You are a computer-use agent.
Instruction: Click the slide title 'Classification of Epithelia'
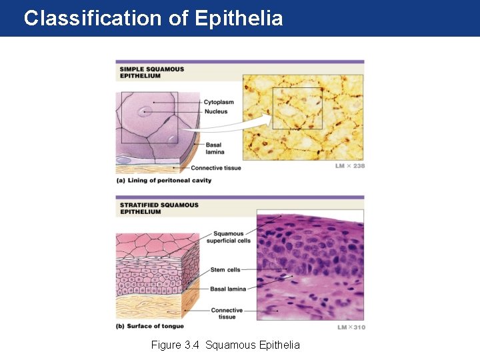[x=153, y=18]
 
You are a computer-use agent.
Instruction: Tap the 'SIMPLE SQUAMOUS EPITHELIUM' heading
[x=151, y=72]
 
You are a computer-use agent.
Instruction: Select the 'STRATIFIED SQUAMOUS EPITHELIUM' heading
[x=158, y=208]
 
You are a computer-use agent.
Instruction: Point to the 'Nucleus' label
[x=215, y=111]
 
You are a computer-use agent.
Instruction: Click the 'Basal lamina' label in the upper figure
[x=214, y=148]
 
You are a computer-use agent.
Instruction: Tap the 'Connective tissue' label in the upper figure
[x=215, y=167]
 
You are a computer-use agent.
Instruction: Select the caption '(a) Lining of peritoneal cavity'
[x=164, y=180]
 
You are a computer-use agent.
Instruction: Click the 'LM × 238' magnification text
[x=349, y=166]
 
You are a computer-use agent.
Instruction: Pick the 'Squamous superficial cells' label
[x=231, y=237]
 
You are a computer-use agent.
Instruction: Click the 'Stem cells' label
[x=226, y=269]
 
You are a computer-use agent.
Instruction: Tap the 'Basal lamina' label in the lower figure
[x=228, y=289]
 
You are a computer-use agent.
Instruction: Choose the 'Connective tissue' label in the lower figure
[x=227, y=313]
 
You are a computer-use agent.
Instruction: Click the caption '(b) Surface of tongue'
[x=150, y=326]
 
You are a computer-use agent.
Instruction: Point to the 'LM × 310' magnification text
[x=351, y=327]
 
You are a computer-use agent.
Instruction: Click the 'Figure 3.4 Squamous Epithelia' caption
[x=225, y=345]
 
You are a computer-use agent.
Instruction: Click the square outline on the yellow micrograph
[x=297, y=108]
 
